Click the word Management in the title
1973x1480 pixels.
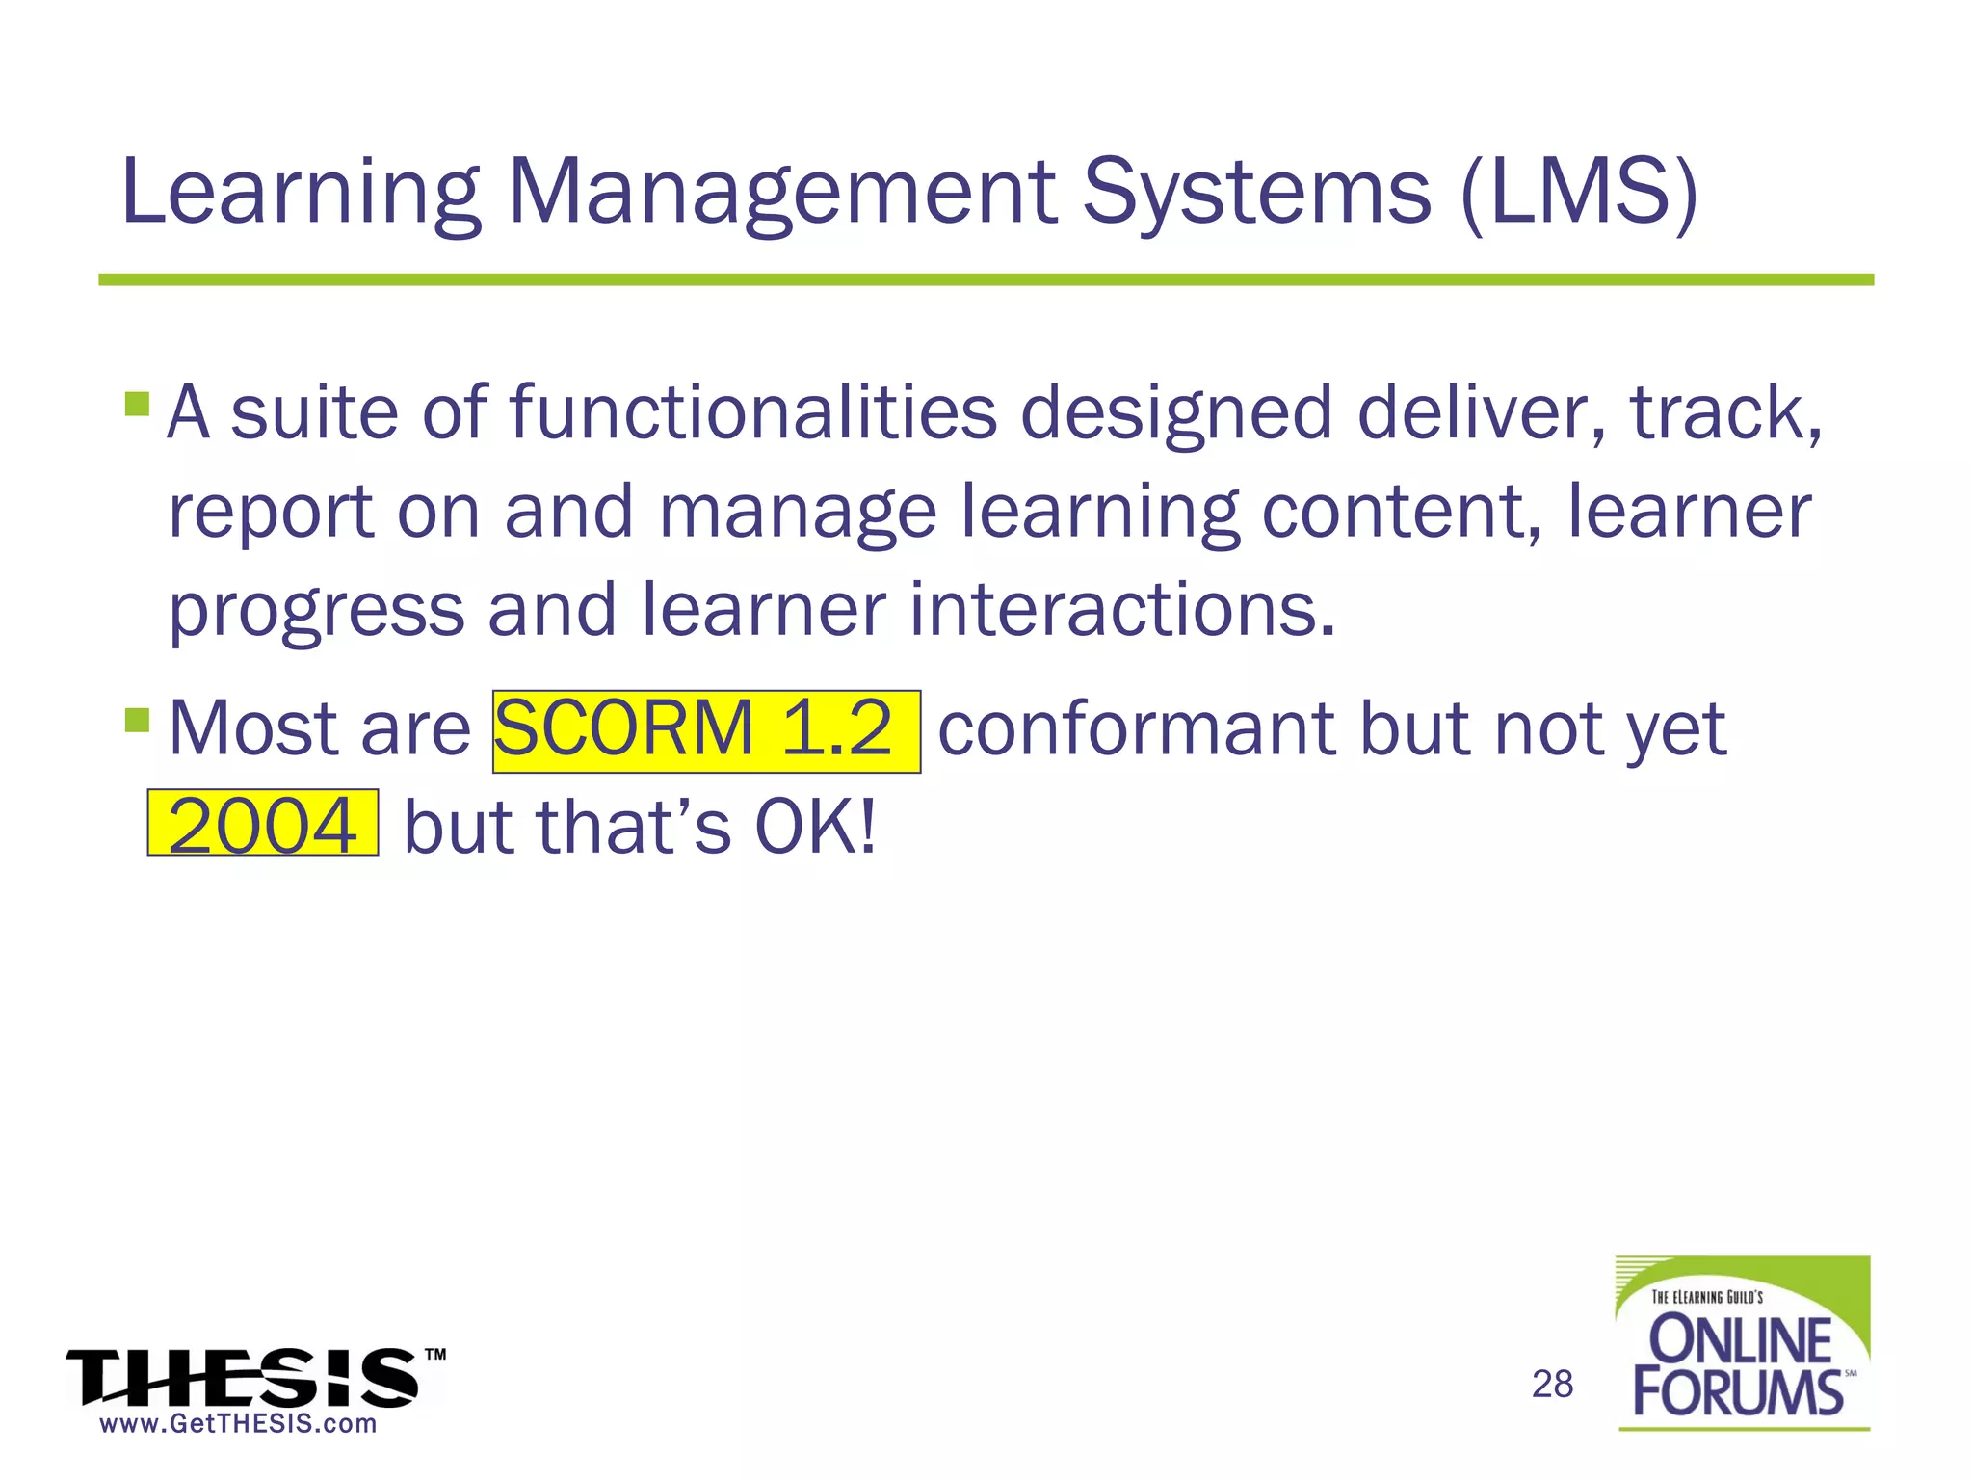pyautogui.click(x=780, y=193)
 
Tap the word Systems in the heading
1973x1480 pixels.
pyautogui.click(x=1256, y=193)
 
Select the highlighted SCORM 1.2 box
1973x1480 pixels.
pyautogui.click(x=705, y=730)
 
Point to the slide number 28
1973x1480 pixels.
pyautogui.click(x=1552, y=1384)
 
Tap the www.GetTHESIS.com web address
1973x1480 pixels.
pyautogui.click(x=238, y=1424)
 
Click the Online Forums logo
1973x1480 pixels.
pyautogui.click(x=1742, y=1344)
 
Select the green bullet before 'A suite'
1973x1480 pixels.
pyautogui.click(x=137, y=403)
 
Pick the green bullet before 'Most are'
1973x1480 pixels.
pyautogui.click(x=137, y=719)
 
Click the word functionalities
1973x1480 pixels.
pyautogui.click(x=752, y=412)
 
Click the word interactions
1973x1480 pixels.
pyautogui.click(x=1122, y=610)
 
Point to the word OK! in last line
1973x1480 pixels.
pyautogui.click(x=815, y=827)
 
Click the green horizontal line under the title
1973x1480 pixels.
pyautogui.click(x=986, y=279)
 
